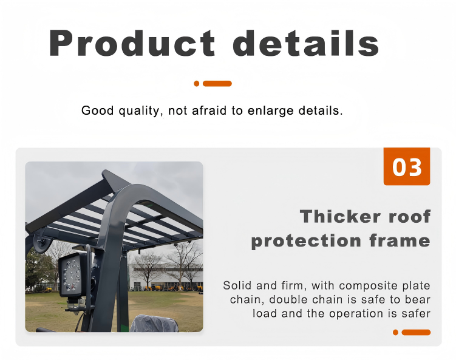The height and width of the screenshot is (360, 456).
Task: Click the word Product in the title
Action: click(132, 42)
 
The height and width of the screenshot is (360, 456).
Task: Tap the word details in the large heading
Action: click(306, 42)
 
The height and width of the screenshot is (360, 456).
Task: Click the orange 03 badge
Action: click(407, 166)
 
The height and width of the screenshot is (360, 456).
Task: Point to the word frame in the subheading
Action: click(400, 241)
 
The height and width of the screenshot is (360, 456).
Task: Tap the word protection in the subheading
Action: click(306, 242)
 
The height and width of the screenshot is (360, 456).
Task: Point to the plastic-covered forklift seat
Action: click(154, 324)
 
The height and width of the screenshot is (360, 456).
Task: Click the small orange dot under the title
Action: click(197, 84)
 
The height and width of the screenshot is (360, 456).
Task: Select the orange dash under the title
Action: click(217, 84)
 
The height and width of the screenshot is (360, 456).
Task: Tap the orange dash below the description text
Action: click(416, 332)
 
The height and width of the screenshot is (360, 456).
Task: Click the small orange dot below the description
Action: click(395, 332)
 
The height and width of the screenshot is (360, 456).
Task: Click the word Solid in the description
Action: click(237, 285)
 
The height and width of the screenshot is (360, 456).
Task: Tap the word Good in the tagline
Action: click(97, 110)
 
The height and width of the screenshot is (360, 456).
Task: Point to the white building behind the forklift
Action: click(165, 277)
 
